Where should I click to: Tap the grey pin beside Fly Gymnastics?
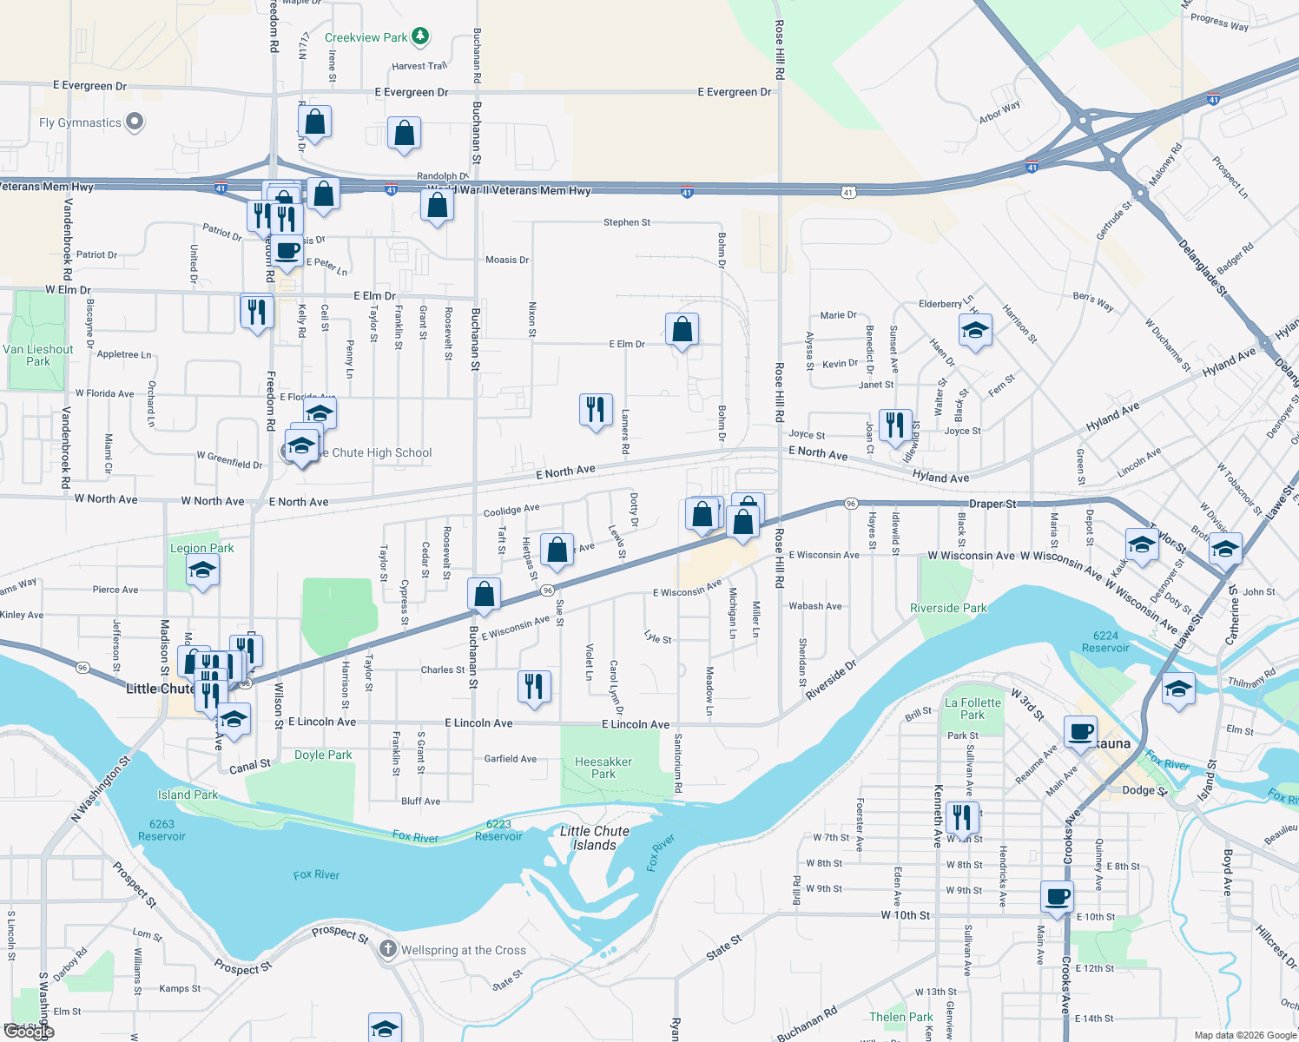[x=135, y=122]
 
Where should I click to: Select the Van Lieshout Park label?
[x=38, y=355]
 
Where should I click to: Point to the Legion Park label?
[x=201, y=548]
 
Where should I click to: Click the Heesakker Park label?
[x=603, y=768]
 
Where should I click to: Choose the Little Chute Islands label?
[x=595, y=838]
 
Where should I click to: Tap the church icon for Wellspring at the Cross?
[x=387, y=949]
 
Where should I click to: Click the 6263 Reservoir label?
[x=162, y=830]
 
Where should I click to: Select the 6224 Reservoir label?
[x=1105, y=642]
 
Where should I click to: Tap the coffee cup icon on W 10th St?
[x=1058, y=896]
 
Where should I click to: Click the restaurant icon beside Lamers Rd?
[x=596, y=409]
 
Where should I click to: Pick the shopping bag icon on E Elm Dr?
[x=682, y=329]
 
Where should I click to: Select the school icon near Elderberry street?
[x=975, y=331]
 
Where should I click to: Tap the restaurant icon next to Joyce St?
[x=894, y=425]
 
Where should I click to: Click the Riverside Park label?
[x=948, y=608]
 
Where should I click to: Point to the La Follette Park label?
[x=973, y=709]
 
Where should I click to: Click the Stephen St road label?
[x=627, y=222]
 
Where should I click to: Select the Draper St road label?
[x=992, y=504]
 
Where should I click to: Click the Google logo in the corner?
[x=28, y=1031]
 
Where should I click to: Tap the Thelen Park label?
[x=900, y=1017]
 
